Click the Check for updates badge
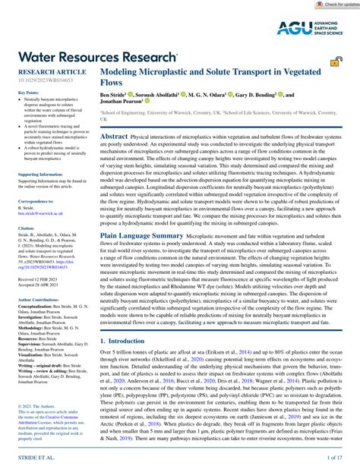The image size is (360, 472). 335,5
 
